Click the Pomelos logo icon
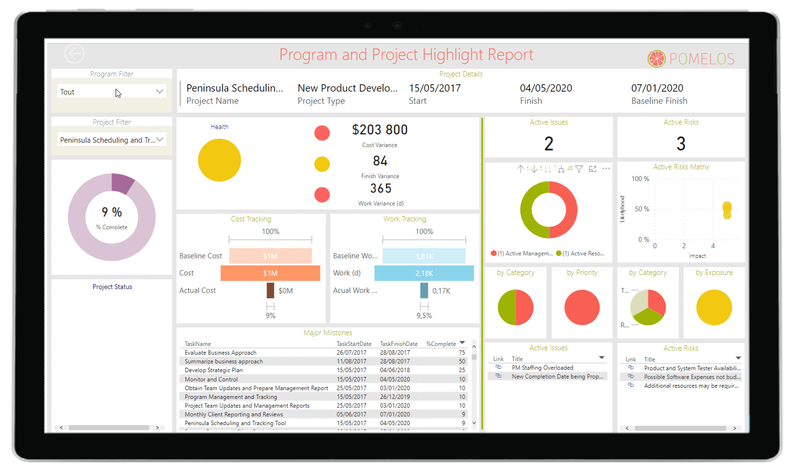(656, 58)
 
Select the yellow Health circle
(220, 160)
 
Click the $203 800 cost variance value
(380, 129)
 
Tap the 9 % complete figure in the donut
(112, 213)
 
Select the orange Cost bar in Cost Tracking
(270, 273)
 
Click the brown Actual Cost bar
(270, 290)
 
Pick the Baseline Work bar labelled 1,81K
(424, 256)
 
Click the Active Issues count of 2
(548, 143)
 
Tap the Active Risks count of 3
(681, 143)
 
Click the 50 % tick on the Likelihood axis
(642, 209)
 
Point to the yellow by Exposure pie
(714, 307)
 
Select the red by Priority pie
(582, 307)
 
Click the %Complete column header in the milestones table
(441, 344)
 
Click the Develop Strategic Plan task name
(214, 370)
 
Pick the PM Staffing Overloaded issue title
(542, 368)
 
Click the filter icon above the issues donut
(579, 169)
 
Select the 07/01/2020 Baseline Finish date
(657, 88)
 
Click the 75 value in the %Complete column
(462, 352)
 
